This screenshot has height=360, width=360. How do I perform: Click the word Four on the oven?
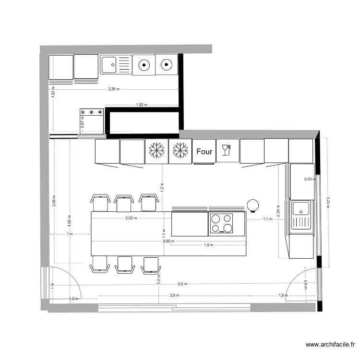coord(204,152)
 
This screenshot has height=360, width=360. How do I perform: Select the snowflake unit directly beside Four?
coord(180,151)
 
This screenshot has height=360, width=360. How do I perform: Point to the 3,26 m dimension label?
coord(114,89)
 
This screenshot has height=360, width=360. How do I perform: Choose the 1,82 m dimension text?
coord(142,105)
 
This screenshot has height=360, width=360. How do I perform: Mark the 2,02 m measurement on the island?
coord(131,218)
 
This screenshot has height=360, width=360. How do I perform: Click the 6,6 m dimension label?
coord(182,284)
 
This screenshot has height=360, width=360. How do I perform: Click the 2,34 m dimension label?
coord(278,210)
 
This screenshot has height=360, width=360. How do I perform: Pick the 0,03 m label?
coord(310,180)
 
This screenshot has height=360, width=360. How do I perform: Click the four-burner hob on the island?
coord(221,224)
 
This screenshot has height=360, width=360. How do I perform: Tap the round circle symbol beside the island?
coord(252,205)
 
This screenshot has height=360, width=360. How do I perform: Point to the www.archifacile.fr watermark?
coord(331,344)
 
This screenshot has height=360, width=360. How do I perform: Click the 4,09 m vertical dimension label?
coord(70,219)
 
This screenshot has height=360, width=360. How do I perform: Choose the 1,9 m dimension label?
coord(208,245)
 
